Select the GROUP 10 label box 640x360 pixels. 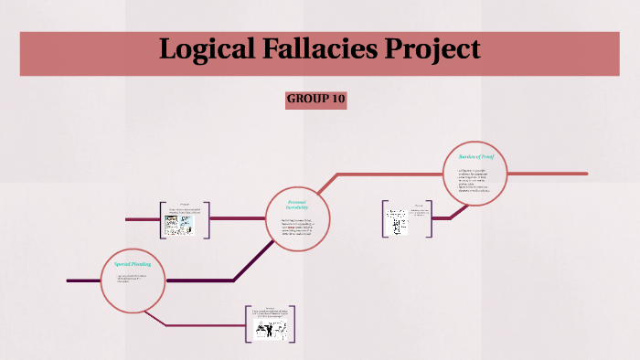pyautogui.click(x=315, y=99)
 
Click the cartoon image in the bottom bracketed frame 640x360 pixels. pyautogui.click(x=272, y=331)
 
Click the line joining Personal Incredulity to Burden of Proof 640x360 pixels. pyautogui.click(x=384, y=173)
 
